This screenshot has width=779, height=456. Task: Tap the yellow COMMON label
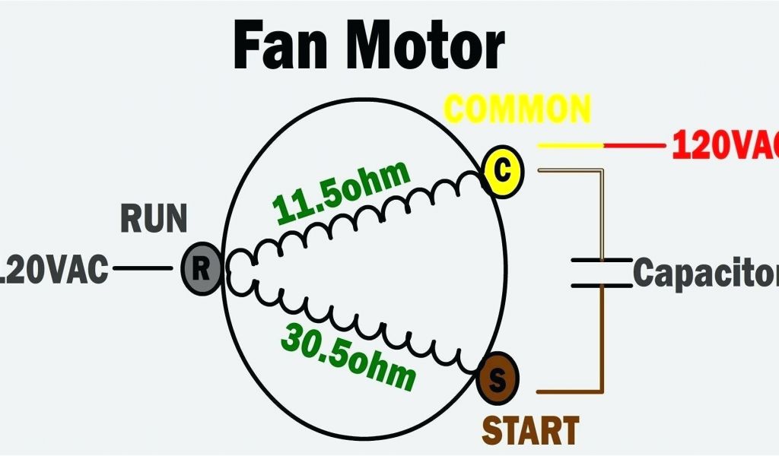point(517,109)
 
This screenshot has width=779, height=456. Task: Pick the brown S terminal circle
point(497,378)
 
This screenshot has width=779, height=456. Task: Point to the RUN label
point(154,219)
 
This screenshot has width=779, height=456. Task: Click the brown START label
point(530,430)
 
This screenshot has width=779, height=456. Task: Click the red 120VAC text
point(723,144)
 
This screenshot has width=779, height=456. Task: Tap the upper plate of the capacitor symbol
point(602,261)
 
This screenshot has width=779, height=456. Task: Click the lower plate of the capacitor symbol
point(602,286)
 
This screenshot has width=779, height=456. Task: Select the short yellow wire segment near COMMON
point(570,144)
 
